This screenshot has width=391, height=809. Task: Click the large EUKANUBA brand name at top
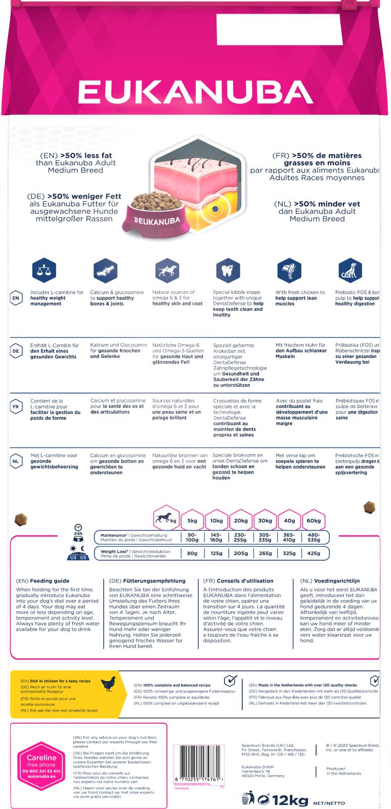(195, 92)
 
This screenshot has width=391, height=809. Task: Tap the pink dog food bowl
(155, 214)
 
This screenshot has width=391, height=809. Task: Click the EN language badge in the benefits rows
(16, 298)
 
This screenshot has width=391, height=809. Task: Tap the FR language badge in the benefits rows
(16, 407)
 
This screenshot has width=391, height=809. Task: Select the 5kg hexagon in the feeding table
(192, 520)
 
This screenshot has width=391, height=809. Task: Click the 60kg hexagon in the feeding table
(314, 520)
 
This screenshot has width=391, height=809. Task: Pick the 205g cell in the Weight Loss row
(241, 553)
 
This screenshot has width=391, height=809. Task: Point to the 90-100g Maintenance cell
(192, 537)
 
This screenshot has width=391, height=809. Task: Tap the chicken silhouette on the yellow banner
(108, 684)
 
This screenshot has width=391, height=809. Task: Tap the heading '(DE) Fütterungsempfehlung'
(147, 581)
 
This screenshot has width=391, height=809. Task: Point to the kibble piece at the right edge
(369, 507)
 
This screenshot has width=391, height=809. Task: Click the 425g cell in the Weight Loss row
(314, 553)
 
